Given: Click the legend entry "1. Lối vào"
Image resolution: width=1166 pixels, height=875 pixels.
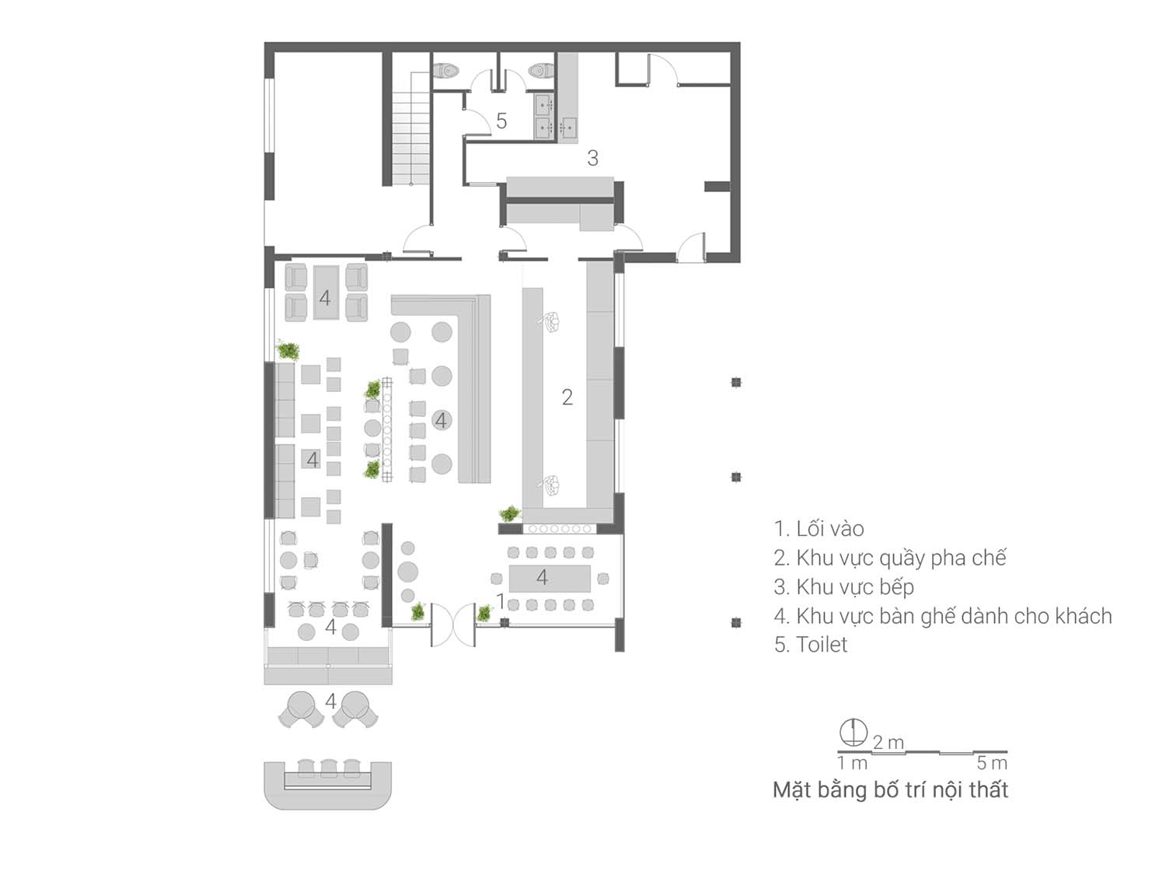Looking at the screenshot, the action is (819, 529).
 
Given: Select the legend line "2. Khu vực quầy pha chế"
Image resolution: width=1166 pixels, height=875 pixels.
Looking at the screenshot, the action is (890, 558).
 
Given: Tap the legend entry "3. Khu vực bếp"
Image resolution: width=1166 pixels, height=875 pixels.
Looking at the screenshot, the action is (843, 587).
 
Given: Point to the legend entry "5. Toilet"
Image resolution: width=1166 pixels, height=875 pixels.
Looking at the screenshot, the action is (811, 645).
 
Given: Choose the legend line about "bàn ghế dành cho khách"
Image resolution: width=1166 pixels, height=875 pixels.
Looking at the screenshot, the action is (943, 616).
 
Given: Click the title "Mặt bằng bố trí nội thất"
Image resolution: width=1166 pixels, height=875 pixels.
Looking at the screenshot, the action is (890, 790).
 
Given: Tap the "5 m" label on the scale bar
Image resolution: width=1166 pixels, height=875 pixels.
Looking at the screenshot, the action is (992, 764).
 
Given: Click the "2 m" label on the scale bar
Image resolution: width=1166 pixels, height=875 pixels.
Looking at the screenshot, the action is (888, 742).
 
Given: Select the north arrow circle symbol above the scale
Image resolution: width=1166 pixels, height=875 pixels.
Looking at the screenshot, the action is (853, 732).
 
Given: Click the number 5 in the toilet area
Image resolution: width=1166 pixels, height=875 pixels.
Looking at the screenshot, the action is (501, 121).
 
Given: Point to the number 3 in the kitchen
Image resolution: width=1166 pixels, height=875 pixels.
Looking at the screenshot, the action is (593, 158).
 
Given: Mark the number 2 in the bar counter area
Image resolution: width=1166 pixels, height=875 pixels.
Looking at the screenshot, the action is (567, 397).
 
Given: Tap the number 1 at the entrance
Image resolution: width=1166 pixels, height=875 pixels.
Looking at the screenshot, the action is (500, 601).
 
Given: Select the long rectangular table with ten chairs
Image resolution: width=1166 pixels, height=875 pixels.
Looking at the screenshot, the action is (550, 578).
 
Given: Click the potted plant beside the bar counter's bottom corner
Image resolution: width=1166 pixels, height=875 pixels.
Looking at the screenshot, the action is (510, 513).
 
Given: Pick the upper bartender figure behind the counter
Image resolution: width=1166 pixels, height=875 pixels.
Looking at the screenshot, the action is (551, 322).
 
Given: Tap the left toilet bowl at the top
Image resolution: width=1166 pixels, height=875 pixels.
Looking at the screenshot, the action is (446, 70).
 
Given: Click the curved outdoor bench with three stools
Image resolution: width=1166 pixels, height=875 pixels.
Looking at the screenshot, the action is (328, 784).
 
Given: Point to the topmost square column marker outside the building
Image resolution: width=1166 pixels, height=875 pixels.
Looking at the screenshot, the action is (736, 383).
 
